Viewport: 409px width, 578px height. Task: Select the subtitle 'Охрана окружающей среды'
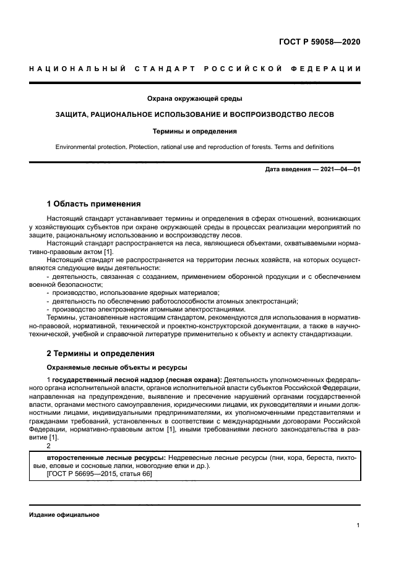[x=194, y=98]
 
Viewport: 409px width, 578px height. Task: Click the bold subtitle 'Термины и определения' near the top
[x=194, y=131]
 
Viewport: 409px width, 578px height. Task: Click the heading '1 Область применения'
[x=94, y=204]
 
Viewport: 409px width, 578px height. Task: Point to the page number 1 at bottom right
[x=358, y=525]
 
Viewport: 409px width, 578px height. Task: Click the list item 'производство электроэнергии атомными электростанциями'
[x=142, y=308]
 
